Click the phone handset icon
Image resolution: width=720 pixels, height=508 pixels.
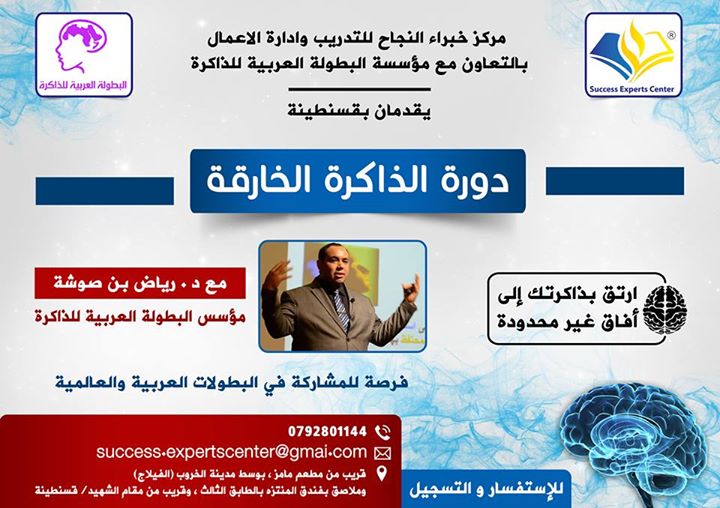(x=381, y=432)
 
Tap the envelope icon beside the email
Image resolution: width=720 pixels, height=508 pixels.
(x=381, y=453)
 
